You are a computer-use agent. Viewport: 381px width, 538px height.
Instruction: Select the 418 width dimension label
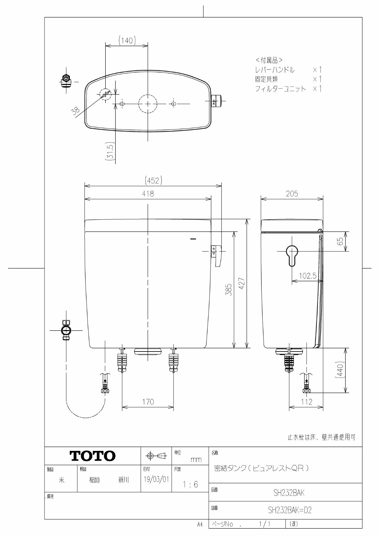(148, 194)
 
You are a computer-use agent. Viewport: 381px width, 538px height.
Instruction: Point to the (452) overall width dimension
(153, 181)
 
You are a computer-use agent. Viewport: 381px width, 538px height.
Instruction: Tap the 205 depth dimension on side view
(292, 194)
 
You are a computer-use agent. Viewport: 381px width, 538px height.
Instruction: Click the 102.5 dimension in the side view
(308, 276)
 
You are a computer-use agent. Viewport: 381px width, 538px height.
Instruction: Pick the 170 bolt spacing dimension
(148, 402)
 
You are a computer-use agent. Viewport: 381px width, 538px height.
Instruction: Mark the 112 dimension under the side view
(306, 402)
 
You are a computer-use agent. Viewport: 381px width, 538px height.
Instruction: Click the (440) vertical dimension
(340, 370)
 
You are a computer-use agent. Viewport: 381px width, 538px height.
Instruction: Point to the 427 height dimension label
(242, 284)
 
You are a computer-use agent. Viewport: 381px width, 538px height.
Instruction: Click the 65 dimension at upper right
(340, 241)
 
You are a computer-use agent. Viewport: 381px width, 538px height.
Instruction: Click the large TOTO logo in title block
(93, 456)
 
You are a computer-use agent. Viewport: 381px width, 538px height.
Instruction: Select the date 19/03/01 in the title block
(156, 479)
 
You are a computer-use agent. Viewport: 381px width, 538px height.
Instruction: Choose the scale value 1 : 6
(190, 485)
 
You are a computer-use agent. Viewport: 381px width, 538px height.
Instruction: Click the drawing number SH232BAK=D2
(289, 510)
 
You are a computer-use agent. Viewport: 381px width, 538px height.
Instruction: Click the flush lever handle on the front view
(218, 256)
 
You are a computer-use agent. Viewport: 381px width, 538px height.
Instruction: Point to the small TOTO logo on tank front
(193, 239)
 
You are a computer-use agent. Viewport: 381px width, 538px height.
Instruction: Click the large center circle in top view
(148, 104)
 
